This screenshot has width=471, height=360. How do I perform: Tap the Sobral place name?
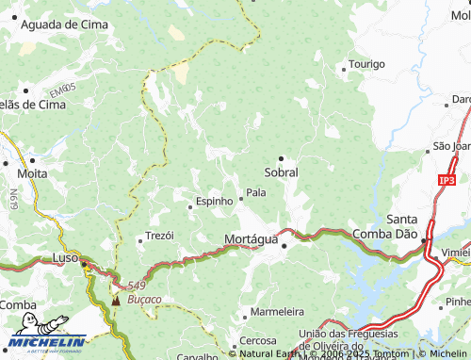tap(281, 172)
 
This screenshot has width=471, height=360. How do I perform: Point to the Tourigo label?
tap(366, 64)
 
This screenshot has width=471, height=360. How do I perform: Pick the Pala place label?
tap(256, 193)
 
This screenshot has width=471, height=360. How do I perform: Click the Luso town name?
tap(65, 257)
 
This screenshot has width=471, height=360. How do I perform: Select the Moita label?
tap(32, 173)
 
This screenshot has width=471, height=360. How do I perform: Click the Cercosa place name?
tap(257, 340)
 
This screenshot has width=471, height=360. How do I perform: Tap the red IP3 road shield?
tap(446, 179)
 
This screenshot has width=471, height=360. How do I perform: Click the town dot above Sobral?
tap(280, 158)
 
